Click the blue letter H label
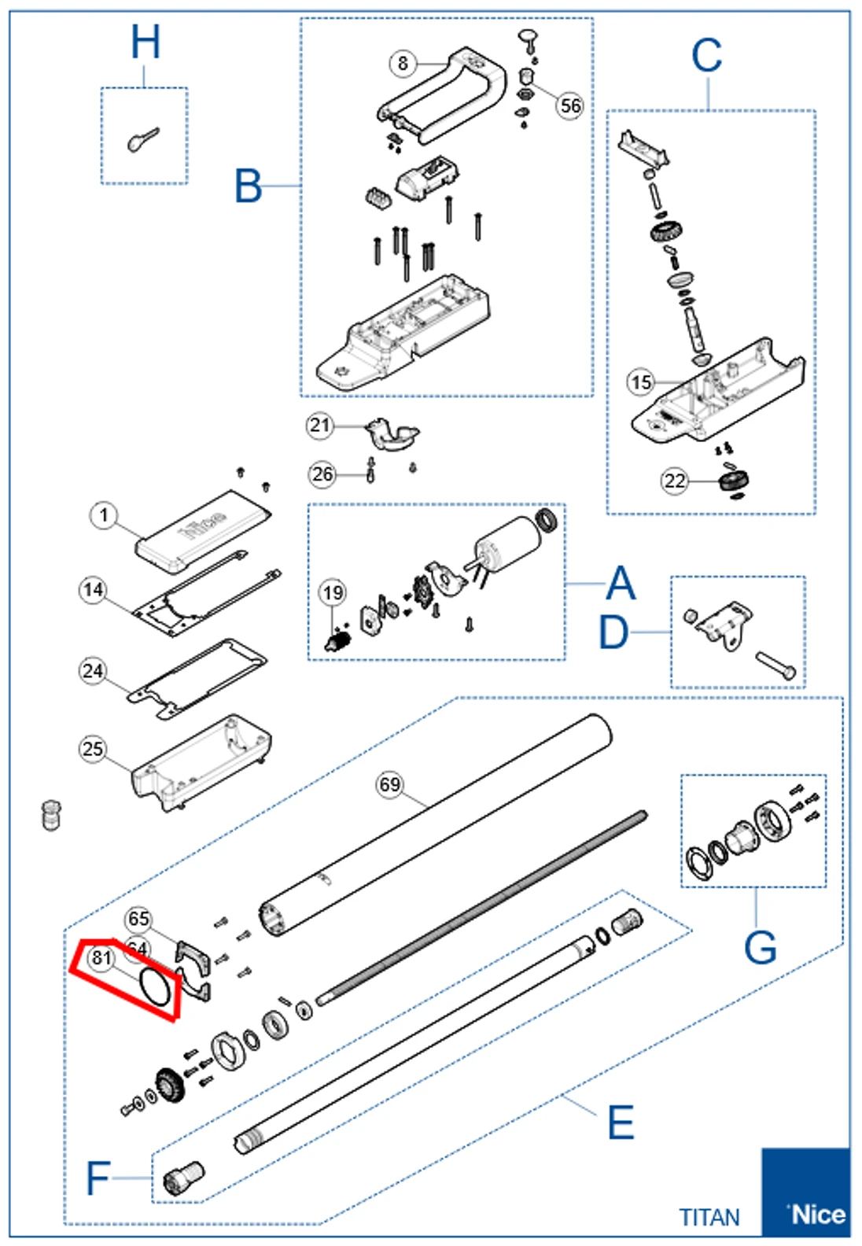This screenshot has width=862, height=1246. pos(146,42)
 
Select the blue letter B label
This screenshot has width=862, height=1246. pos(249,186)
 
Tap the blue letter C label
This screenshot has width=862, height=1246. pos(706,57)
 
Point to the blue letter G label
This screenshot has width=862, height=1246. pos(760,948)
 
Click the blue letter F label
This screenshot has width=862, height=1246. pos(98,1178)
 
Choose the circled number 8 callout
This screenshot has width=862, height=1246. pos(403,63)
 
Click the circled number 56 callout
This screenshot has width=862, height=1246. pos(570,105)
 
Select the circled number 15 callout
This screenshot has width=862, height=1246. pos(640,382)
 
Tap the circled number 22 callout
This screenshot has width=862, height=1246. pos(675,480)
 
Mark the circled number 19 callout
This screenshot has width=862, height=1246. pos(333,592)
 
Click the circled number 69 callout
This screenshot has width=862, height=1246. pos(390,784)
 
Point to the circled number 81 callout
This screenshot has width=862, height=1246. pos(101,957)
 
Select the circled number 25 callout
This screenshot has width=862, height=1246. pos(93,748)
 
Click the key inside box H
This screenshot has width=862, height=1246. pos(143,140)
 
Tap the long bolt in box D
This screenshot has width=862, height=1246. pos(775,665)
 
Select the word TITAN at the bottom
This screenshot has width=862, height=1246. pos(709,1217)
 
